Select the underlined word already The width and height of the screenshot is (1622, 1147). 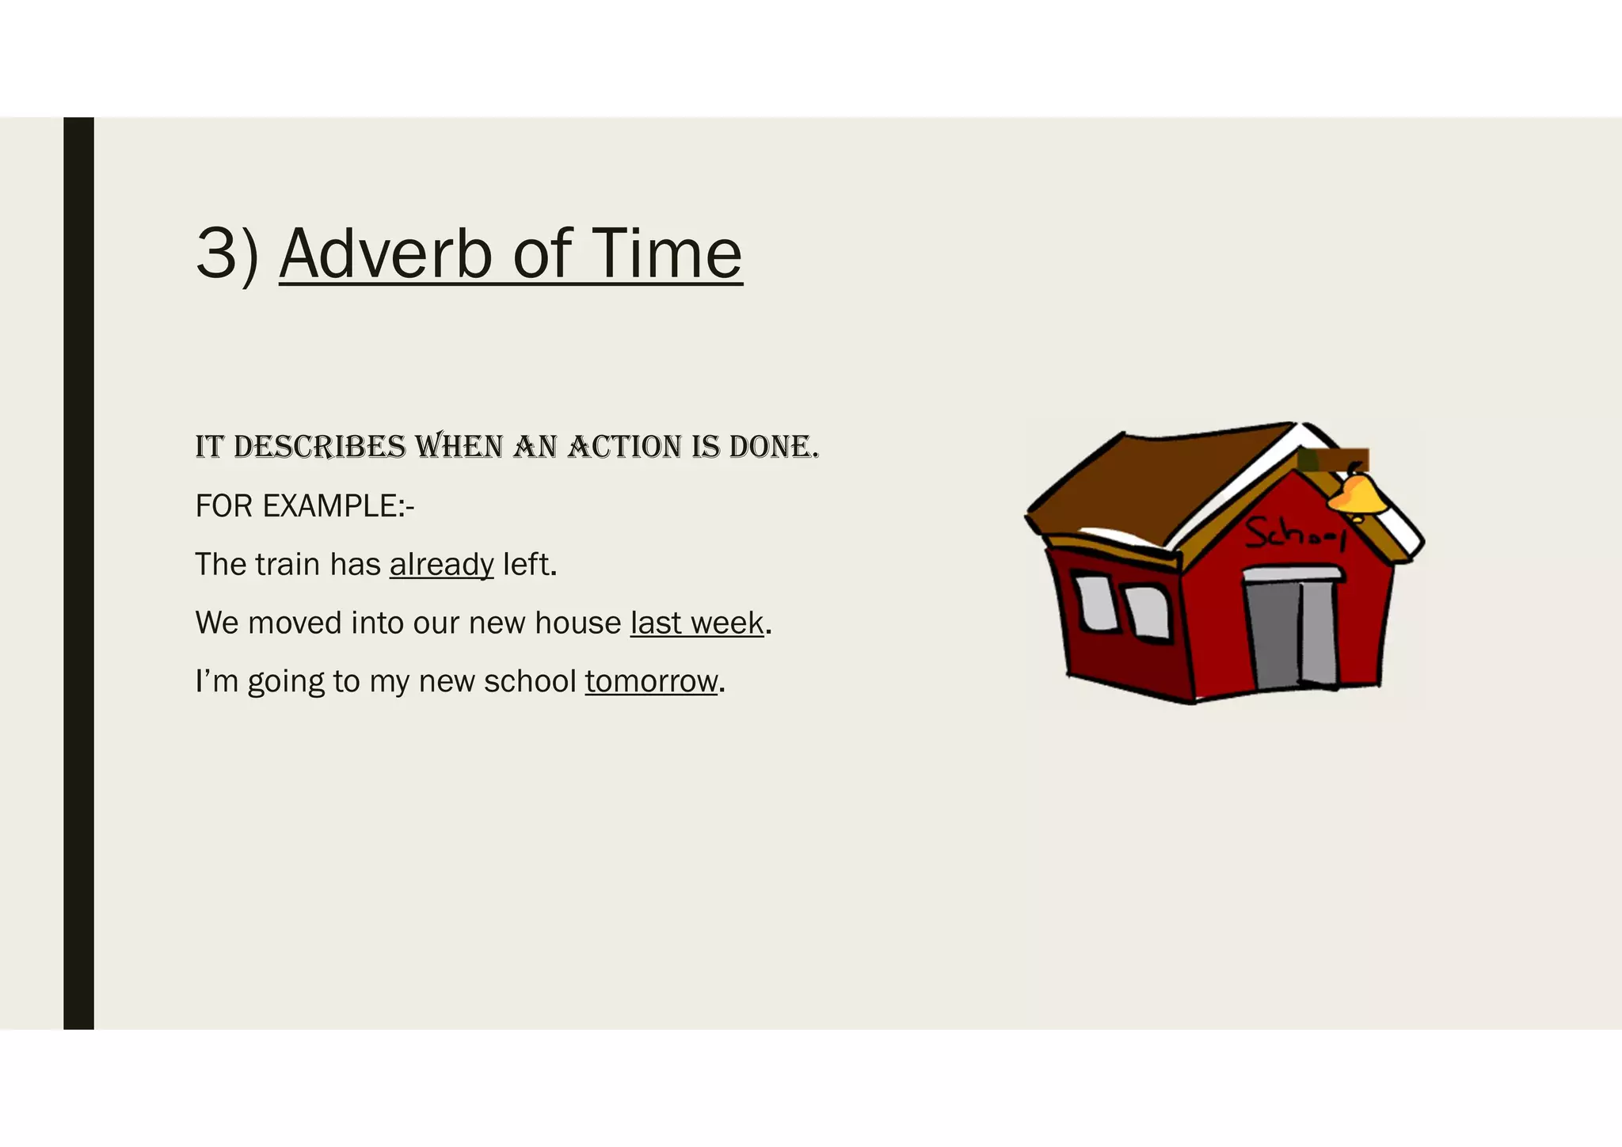tap(441, 565)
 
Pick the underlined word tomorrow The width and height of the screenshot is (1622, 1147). tap(651, 681)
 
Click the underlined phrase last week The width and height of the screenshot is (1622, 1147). tap(697, 623)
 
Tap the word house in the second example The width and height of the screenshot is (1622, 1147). tap(577, 623)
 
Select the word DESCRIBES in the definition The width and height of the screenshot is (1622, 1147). tap(320, 448)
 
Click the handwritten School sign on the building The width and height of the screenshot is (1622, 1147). tap(1294, 533)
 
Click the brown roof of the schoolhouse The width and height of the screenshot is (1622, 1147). tap(1156, 483)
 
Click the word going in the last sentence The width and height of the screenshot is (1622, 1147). tap(286, 681)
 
